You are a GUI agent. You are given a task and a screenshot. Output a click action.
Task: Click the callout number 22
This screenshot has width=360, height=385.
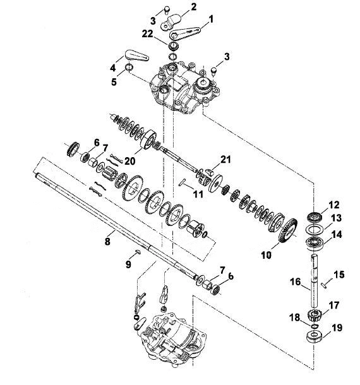click(x=147, y=34)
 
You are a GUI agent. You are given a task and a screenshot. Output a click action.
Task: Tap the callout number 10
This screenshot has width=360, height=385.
click(x=266, y=255)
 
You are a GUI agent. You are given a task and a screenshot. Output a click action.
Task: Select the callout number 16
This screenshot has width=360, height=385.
click(x=295, y=281)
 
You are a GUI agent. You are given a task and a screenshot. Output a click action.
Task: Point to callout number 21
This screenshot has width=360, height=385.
click(x=225, y=159)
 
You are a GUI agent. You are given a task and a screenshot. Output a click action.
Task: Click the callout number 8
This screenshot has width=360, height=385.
click(x=107, y=242)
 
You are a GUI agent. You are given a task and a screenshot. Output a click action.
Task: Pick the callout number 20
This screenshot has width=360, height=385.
click(x=130, y=161)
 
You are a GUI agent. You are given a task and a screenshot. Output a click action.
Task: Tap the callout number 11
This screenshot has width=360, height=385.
click(x=198, y=194)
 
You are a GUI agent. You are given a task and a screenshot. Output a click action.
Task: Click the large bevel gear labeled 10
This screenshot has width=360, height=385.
click(x=288, y=230)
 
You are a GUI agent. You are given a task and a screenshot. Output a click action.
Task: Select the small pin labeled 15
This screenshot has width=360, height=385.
click(x=325, y=285)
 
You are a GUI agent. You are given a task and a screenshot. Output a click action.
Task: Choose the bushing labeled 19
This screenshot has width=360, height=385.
click(x=315, y=336)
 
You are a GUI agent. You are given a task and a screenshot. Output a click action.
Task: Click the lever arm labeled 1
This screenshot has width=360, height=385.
click(x=185, y=33)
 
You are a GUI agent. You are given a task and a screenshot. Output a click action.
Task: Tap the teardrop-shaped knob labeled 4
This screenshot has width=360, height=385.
click(x=136, y=56)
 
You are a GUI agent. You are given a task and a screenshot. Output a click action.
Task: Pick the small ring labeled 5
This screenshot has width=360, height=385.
click(x=129, y=67)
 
